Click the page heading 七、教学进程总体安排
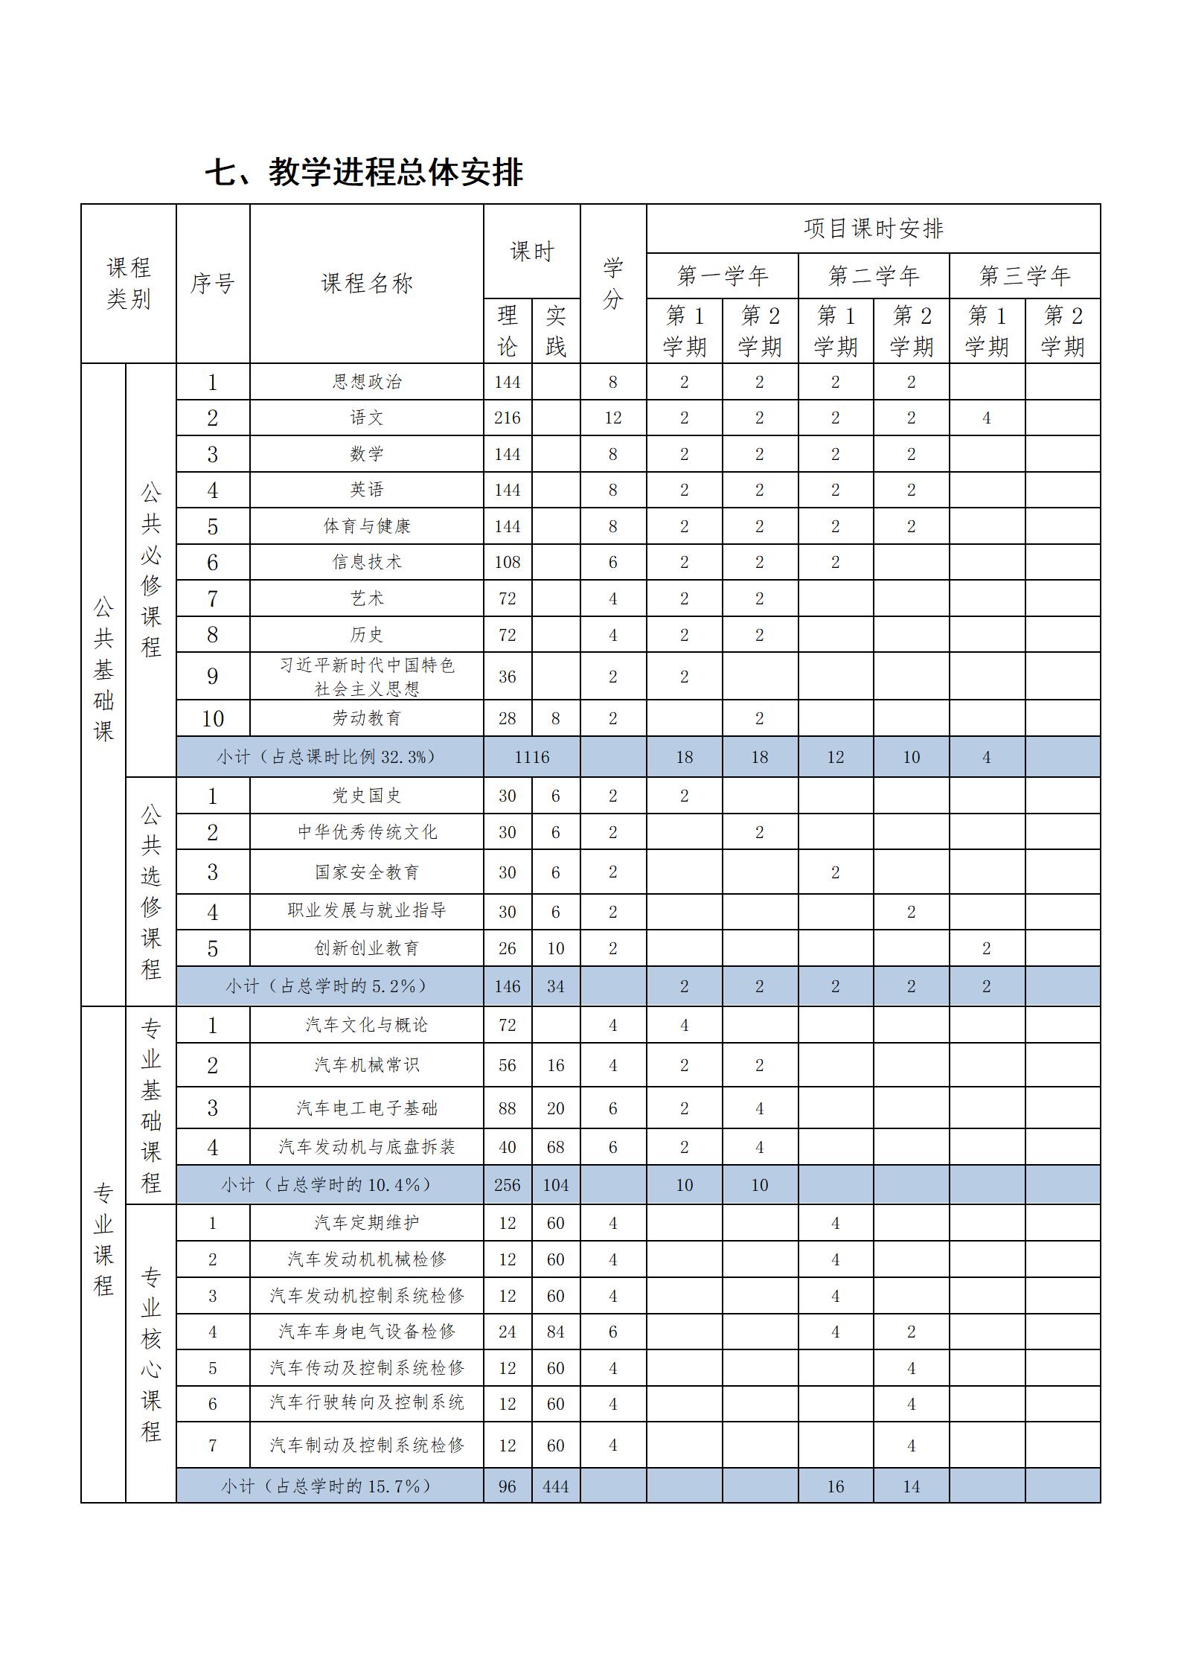(364, 173)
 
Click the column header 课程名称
(366, 284)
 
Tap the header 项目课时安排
(873, 229)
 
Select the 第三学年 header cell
(1024, 276)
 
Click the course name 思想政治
(366, 382)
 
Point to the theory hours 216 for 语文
(507, 418)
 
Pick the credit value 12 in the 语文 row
(612, 418)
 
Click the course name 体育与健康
(366, 526)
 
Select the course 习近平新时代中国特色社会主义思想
(366, 677)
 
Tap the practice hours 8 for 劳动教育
(555, 718)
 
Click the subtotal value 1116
(531, 757)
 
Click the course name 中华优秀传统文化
(366, 832)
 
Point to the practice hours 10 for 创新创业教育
(555, 949)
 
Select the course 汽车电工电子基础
(366, 1108)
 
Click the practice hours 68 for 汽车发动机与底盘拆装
(555, 1147)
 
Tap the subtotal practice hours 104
(555, 1185)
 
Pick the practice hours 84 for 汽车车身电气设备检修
(555, 1332)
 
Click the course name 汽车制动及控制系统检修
(366, 1445)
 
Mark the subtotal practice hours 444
(555, 1486)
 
